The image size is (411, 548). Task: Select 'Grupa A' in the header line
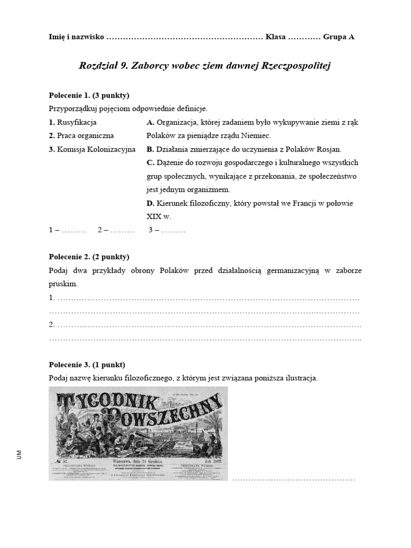coord(339,37)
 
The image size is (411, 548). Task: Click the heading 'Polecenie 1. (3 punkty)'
coord(89,96)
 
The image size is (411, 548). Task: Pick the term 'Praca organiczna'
coord(81,135)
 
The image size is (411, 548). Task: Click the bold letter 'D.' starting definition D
coord(150,203)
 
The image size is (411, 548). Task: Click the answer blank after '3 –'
coord(173,230)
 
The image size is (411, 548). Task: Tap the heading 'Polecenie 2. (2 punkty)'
coord(89,257)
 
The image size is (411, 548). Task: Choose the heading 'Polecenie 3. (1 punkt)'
coord(87,364)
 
